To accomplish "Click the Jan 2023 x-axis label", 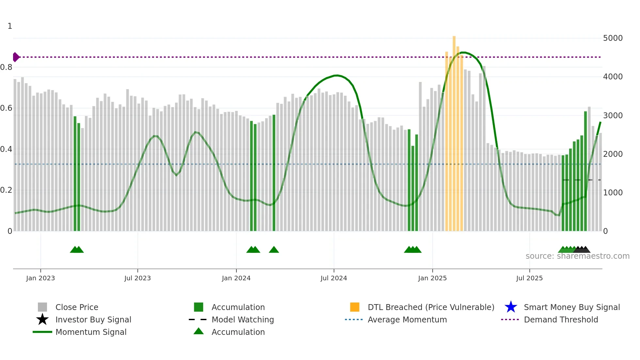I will pos(40,278).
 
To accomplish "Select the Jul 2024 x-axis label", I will pos(334,278).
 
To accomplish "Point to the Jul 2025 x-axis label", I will pos(529,278).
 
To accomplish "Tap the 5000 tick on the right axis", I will pos(613,38).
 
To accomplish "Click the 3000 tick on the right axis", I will pos(613,116).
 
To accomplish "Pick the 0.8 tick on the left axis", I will pos(6,67).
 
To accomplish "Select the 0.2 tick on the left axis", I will pos(6,190).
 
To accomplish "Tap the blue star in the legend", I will pos(511,307).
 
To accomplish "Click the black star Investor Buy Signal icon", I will pos(42,319).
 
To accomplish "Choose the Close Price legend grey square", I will pos(42,307).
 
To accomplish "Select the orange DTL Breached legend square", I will pos(355,307).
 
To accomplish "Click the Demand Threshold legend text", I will pos(561,319).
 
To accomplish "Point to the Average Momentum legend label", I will pos(407,319).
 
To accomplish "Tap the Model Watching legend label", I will pos(243,319).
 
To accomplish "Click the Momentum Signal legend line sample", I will pos(42,332).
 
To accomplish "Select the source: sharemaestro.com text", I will pos(577,256).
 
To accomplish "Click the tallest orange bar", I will pos(454,131).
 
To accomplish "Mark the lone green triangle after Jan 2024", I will pos(274,250).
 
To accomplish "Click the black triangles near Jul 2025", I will pos(582,250).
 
